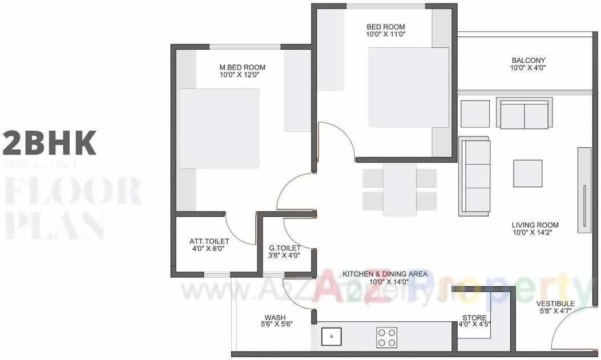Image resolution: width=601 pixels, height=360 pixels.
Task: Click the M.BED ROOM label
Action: (243, 67)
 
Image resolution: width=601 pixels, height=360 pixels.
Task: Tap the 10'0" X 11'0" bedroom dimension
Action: (385, 34)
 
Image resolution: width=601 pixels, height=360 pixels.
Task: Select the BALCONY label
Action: (528, 60)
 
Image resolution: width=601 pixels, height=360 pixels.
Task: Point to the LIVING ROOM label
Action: (535, 225)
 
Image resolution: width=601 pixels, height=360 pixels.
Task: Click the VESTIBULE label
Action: (555, 303)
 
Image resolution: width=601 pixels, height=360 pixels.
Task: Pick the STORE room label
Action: (474, 318)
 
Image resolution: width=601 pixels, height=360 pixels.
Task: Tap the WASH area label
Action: (275, 317)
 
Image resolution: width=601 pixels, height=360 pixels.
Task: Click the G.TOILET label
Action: (284, 248)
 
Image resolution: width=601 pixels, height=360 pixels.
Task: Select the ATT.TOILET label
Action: (209, 241)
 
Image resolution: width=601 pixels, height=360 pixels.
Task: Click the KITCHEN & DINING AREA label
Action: (385, 274)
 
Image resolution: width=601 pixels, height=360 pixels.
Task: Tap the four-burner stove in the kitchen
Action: (386, 337)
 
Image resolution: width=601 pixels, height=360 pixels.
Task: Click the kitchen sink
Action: (331, 337)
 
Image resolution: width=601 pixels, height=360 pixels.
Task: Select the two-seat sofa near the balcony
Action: (524, 114)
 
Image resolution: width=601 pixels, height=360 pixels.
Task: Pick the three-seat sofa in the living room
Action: (474, 176)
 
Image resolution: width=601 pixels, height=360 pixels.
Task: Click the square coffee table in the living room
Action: (527, 173)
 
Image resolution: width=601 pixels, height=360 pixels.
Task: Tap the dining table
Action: (400, 189)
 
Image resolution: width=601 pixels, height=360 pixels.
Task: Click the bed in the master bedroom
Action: (219, 128)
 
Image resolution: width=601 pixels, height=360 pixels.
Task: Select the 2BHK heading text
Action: (49, 142)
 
